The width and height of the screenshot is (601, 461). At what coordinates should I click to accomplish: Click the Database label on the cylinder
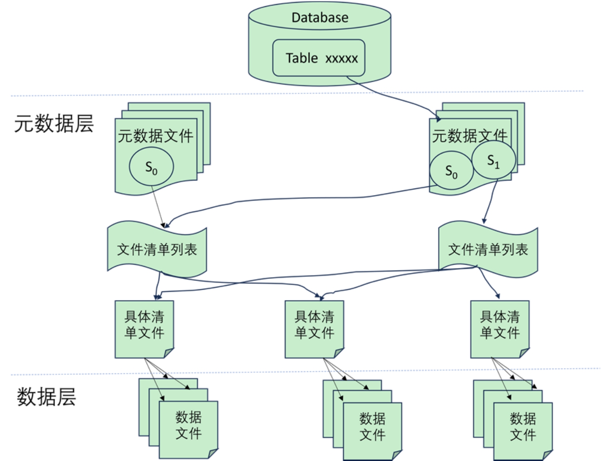coord(319,18)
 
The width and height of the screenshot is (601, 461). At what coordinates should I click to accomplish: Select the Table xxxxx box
coord(319,58)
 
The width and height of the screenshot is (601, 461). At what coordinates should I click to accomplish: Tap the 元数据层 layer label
coord(54,124)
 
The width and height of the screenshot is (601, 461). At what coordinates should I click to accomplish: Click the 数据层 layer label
coord(46,396)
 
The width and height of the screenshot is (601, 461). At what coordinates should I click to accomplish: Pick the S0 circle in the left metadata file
coord(151,167)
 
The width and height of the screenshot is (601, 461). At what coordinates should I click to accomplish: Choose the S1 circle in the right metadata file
coord(494,160)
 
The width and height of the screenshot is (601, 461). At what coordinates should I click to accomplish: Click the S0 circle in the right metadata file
coord(451,171)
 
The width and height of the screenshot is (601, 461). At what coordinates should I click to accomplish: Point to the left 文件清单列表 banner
coord(157,250)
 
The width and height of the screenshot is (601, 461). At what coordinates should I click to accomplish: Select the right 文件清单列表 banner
coord(488,250)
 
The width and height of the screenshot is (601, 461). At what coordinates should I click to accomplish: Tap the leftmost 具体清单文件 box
coord(144,325)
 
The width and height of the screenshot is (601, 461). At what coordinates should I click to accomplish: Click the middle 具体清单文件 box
coord(314,325)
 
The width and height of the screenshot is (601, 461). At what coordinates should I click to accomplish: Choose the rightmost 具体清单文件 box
coord(500,325)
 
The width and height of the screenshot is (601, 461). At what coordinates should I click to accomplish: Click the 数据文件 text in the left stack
coord(188,425)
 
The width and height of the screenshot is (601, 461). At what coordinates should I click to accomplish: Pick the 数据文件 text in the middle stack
coord(372,426)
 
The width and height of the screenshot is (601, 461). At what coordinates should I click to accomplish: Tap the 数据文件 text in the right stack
coord(523,426)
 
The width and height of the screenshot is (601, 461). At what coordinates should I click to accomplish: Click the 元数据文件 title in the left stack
coord(155,136)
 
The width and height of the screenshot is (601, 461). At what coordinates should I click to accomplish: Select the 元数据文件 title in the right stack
coord(469,136)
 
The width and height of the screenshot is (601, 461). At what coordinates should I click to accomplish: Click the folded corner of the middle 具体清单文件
coord(339,353)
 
